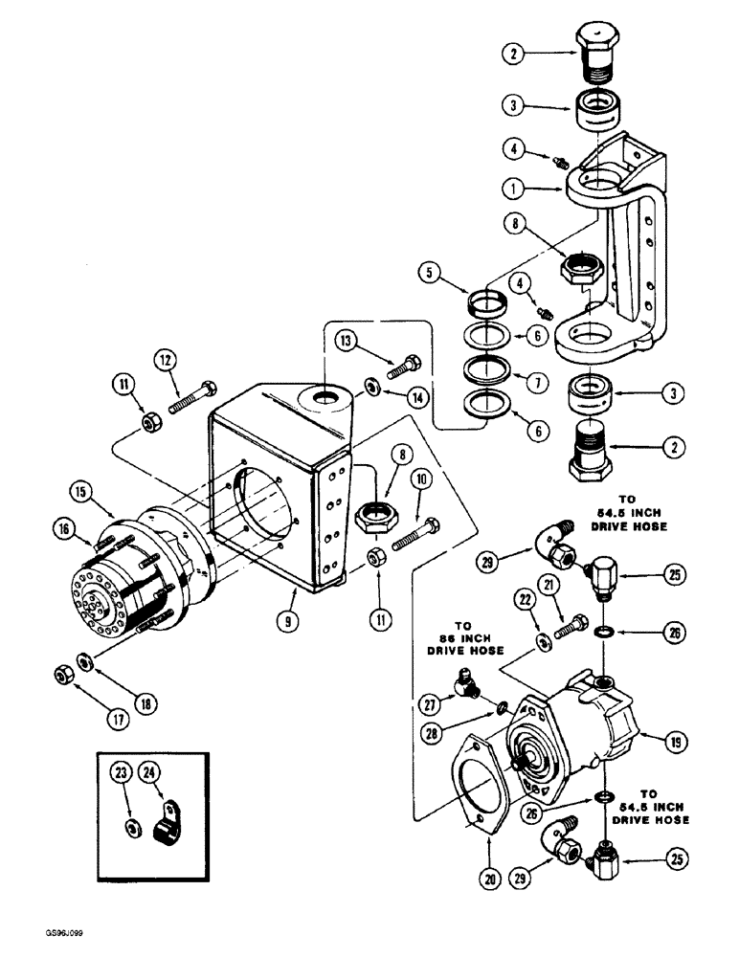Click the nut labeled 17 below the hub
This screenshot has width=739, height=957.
tap(64, 677)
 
